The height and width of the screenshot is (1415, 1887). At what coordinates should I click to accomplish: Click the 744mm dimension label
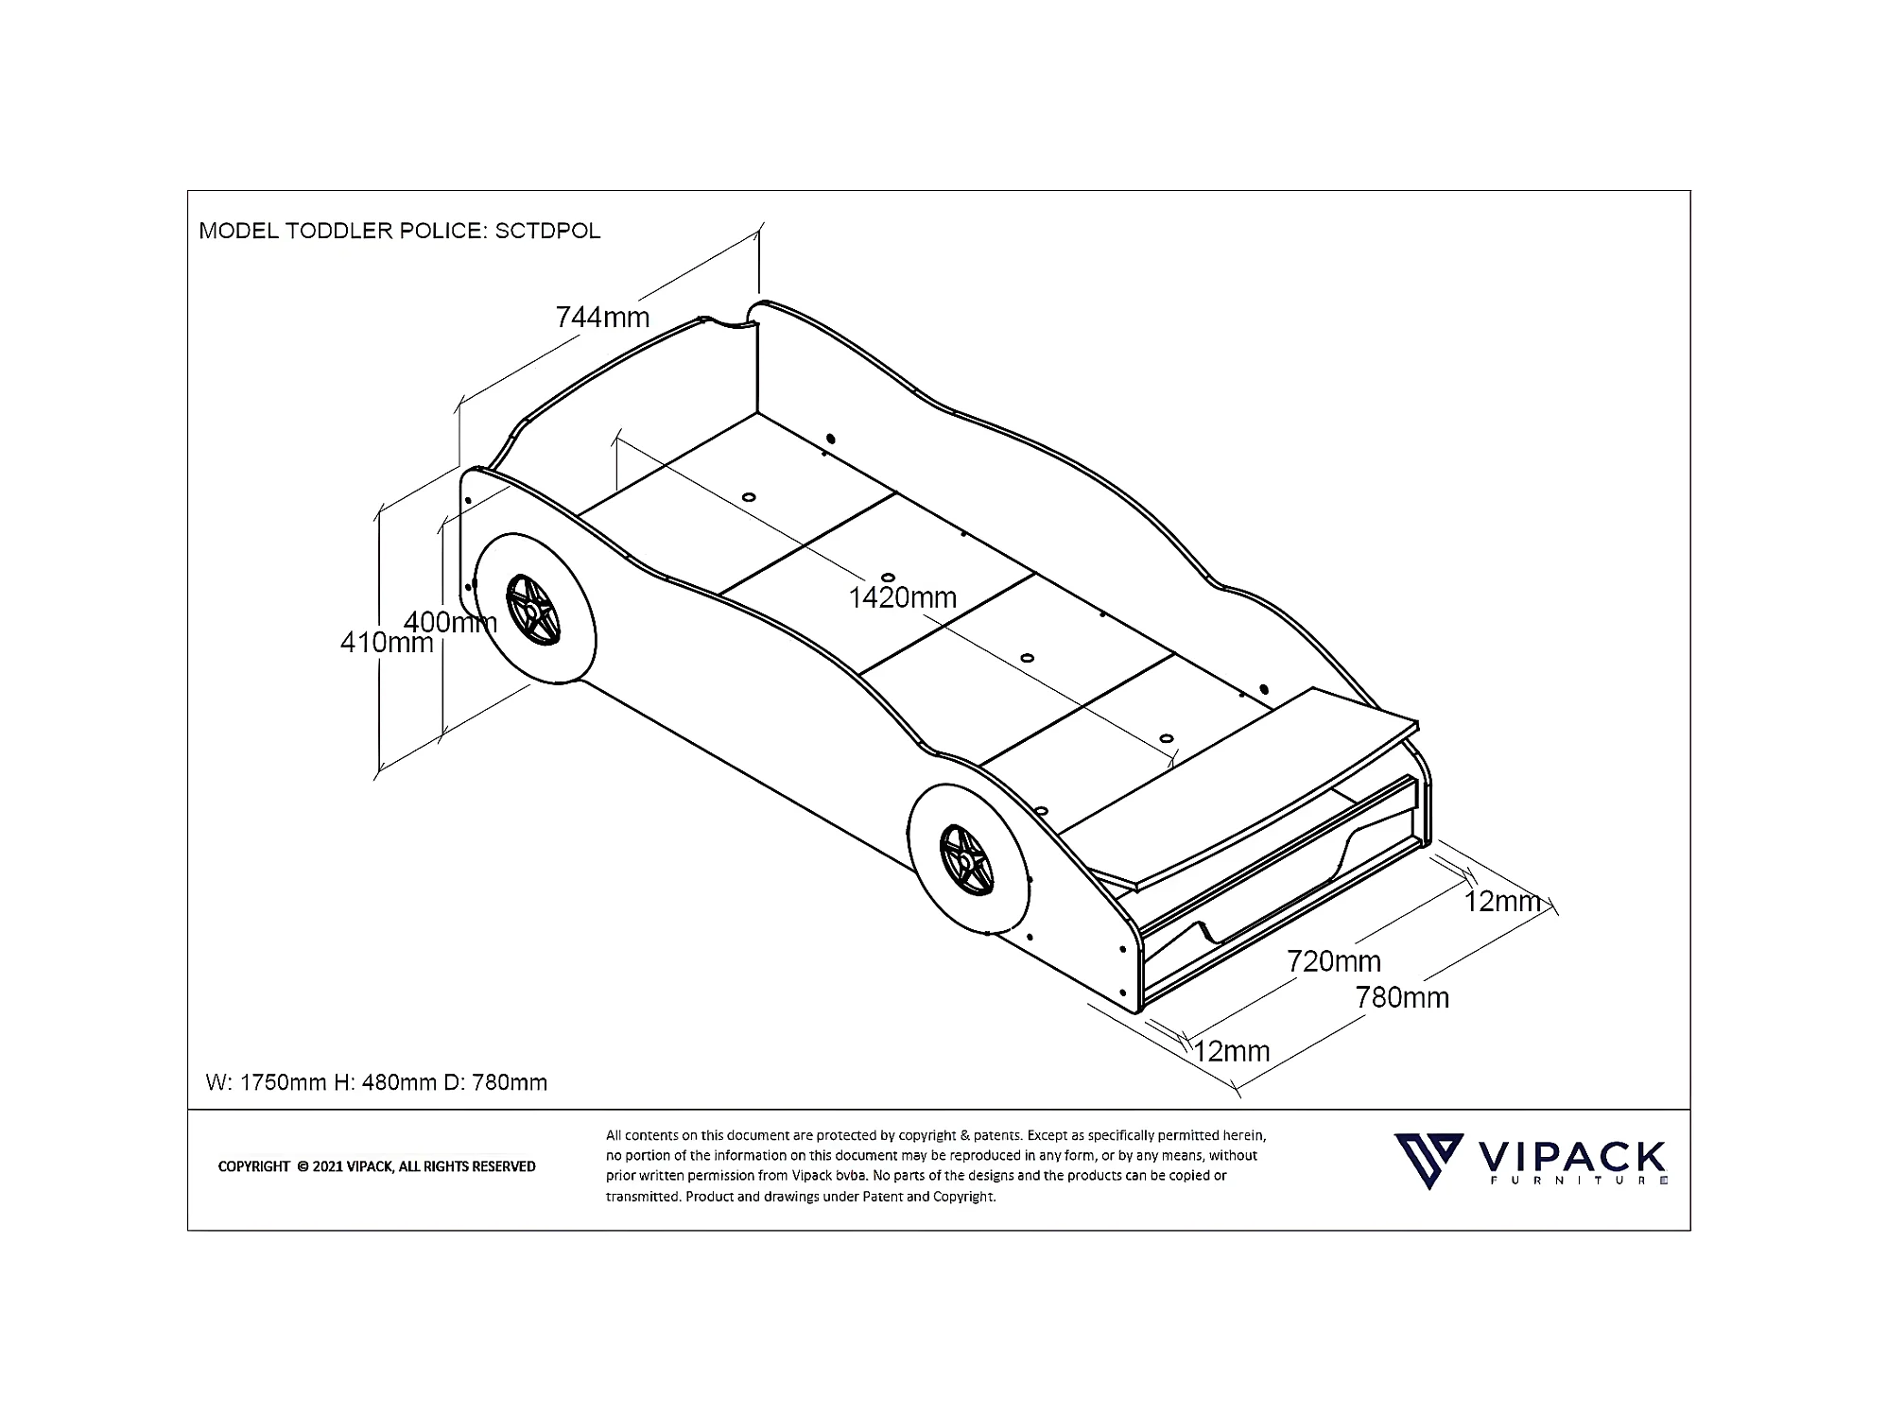(602, 317)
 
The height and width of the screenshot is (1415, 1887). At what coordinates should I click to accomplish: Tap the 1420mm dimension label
(902, 597)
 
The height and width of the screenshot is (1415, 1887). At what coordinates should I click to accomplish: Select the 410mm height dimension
(386, 643)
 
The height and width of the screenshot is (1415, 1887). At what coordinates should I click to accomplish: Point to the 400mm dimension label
(450, 622)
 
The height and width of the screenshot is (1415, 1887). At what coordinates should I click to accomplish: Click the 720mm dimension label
(1333, 961)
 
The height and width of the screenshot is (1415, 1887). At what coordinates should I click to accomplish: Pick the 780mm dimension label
(1401, 997)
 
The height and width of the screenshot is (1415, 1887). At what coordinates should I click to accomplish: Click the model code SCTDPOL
(547, 231)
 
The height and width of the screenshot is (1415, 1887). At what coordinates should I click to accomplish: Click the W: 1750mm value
(266, 1082)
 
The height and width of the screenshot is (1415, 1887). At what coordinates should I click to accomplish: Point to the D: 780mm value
(495, 1082)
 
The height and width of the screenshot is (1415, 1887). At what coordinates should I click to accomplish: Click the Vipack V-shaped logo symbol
(1428, 1161)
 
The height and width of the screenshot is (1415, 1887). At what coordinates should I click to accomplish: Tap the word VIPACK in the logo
(1570, 1157)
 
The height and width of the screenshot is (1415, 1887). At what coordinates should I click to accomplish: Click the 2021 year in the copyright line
(327, 1166)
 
